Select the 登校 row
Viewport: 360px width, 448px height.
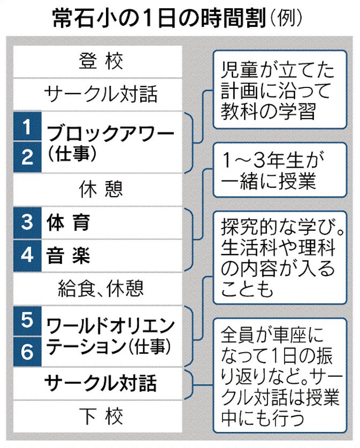point(101,62)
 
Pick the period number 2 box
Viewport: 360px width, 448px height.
point(27,157)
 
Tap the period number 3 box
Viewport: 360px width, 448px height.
point(27,222)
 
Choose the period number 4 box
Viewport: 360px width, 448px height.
point(27,256)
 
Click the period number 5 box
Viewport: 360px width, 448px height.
point(27,321)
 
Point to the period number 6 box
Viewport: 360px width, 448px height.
point(27,352)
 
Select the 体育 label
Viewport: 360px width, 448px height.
point(68,222)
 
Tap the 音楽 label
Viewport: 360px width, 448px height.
point(68,256)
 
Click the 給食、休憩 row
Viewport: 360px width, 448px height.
point(101,288)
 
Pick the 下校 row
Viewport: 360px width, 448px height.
point(101,417)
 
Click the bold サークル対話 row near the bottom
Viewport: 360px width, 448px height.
point(101,383)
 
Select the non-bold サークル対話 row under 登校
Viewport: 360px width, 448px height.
point(101,94)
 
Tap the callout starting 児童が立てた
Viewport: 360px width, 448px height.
point(280,89)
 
